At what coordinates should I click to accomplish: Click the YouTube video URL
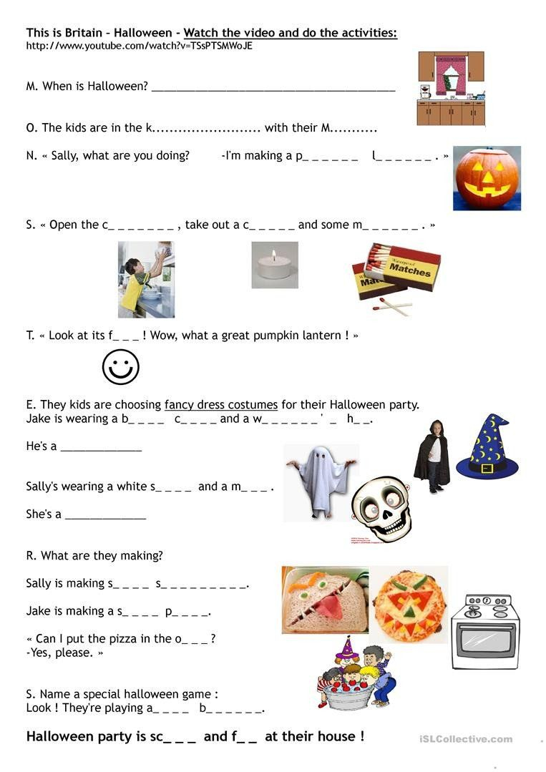click(139, 46)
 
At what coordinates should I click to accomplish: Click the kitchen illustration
click(451, 88)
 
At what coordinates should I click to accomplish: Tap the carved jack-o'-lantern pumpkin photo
click(487, 178)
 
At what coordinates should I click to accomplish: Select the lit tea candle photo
click(275, 265)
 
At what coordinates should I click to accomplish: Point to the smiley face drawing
click(120, 367)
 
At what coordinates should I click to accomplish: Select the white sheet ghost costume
click(321, 479)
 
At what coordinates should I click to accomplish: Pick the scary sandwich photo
click(325, 600)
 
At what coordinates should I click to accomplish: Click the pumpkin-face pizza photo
click(409, 604)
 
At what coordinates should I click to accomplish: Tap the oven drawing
click(484, 631)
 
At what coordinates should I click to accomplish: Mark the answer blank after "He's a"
click(101, 449)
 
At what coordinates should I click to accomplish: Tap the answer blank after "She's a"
click(105, 516)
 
